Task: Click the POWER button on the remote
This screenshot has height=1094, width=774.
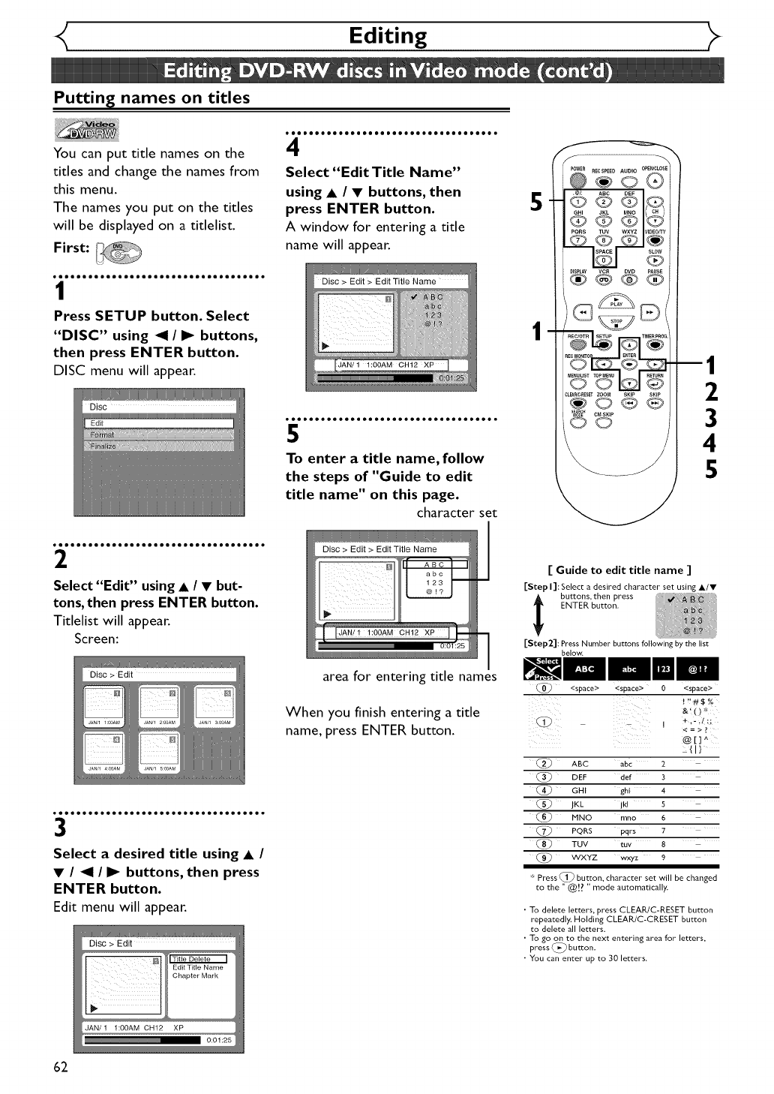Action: [x=578, y=181]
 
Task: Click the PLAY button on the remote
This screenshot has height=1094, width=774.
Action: [x=616, y=301]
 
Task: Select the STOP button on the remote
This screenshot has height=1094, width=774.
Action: [x=616, y=323]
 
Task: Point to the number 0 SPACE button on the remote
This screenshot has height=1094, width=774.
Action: [x=604, y=260]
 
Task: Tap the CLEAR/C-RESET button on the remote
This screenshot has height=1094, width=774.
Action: [x=578, y=402]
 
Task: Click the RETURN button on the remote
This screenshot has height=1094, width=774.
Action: [x=655, y=384]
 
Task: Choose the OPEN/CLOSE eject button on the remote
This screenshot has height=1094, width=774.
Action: [x=655, y=181]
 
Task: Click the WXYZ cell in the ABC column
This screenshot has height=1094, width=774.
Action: [x=584, y=858]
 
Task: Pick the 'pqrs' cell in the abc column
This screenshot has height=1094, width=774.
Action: [x=628, y=831]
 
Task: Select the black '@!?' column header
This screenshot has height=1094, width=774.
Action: [x=697, y=669]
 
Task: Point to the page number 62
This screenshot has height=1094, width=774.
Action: [x=61, y=1067]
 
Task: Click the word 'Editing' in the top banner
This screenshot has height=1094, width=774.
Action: [x=388, y=35]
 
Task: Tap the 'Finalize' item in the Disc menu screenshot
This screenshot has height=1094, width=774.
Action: [x=103, y=446]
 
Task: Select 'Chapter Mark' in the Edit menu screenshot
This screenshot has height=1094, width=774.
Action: [x=195, y=976]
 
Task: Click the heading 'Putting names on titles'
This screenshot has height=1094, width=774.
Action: [x=151, y=98]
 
